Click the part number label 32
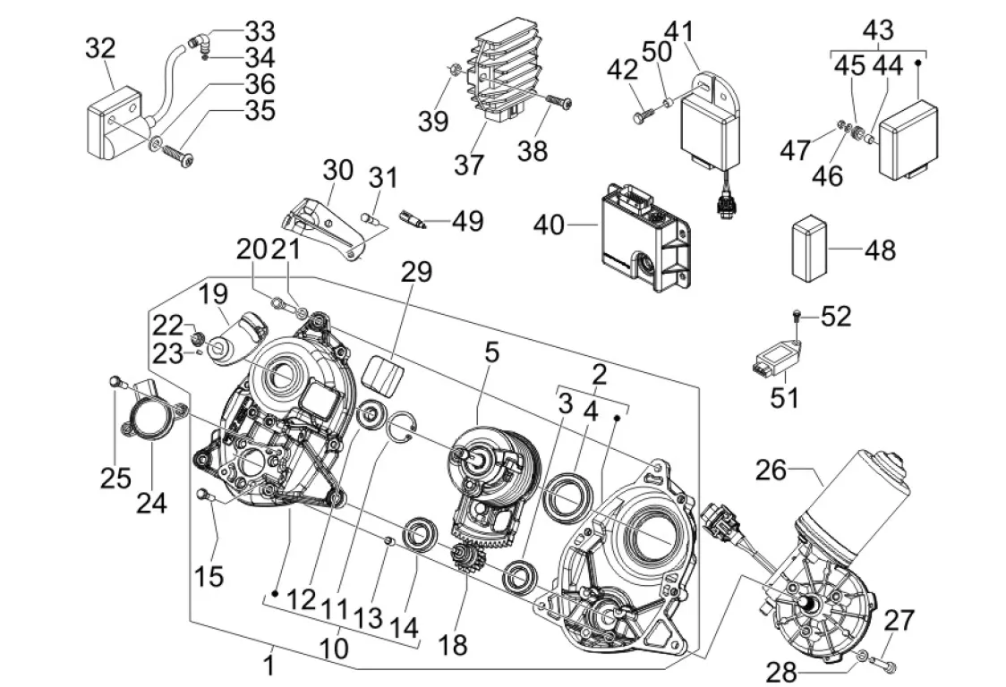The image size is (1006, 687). (101, 47)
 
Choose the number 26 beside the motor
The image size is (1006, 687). (772, 469)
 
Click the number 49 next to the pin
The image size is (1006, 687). (467, 220)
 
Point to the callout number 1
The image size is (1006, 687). (269, 665)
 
